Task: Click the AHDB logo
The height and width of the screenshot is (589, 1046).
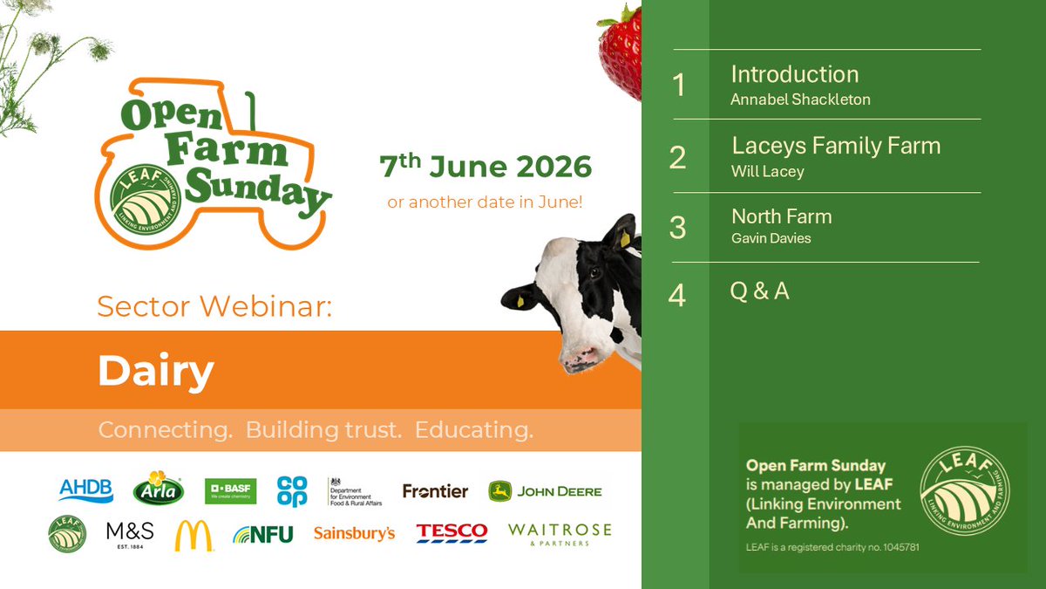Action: click(x=85, y=490)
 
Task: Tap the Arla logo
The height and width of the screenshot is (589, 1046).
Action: click(x=158, y=489)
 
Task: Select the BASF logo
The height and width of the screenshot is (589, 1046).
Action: click(x=231, y=490)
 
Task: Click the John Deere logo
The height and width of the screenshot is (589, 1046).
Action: click(x=545, y=490)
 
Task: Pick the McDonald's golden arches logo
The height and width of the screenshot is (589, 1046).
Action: click(x=194, y=535)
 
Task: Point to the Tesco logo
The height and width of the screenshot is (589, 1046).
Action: click(x=452, y=533)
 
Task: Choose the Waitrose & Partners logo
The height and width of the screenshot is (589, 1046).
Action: click(x=560, y=533)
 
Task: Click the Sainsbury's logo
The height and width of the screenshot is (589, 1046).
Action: click(x=354, y=533)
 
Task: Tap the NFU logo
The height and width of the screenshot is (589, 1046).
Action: click(x=263, y=534)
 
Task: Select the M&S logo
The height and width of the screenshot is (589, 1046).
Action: click(x=130, y=533)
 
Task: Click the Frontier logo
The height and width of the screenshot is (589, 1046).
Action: click(x=435, y=491)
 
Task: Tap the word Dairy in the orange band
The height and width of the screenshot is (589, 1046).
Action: click(x=156, y=371)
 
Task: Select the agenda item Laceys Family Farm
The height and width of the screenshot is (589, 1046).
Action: click(x=836, y=146)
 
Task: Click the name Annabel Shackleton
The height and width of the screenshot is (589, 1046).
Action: click(x=800, y=99)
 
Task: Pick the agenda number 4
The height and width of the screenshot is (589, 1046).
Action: click(x=677, y=296)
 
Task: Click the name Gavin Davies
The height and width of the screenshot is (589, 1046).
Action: click(x=771, y=238)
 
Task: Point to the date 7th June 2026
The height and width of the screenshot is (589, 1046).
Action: click(x=485, y=166)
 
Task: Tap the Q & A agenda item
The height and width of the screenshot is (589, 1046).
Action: click(x=759, y=291)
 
